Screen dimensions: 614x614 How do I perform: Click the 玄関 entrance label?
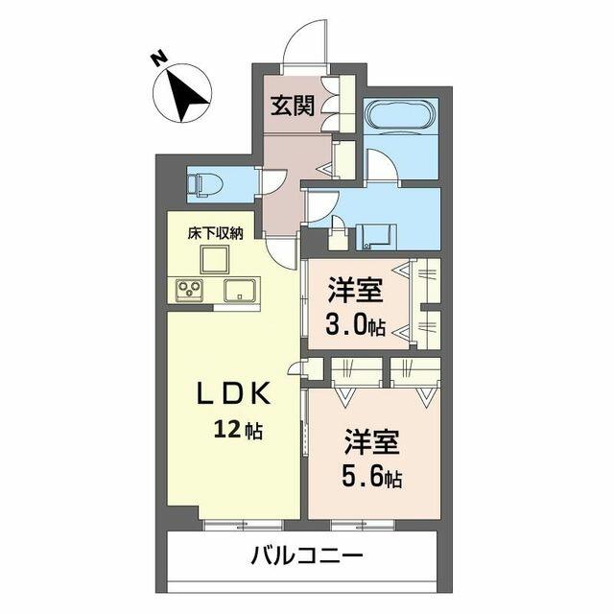pos(294,106)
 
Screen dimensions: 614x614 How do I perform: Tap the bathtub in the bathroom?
pos(400,113)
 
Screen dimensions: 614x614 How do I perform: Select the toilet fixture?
pos(204,184)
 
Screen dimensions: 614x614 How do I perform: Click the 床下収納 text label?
pos(215,234)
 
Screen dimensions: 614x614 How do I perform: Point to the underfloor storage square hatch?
pos(215,260)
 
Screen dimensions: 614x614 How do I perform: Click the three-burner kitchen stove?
pos(190,291)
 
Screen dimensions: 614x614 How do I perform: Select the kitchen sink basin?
pos(242,290)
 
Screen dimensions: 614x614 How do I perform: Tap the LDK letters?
pos(233,394)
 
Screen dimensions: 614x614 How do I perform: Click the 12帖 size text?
pos(238,431)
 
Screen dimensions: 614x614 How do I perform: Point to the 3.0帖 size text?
pos(356,326)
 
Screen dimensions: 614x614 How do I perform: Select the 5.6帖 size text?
pos(372,477)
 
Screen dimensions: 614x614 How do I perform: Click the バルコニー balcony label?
pos(307,556)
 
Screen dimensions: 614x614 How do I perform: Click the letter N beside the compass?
pos(159,59)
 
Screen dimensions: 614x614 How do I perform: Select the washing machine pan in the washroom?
pos(376,237)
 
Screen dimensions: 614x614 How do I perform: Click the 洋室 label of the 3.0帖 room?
pos(355,291)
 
